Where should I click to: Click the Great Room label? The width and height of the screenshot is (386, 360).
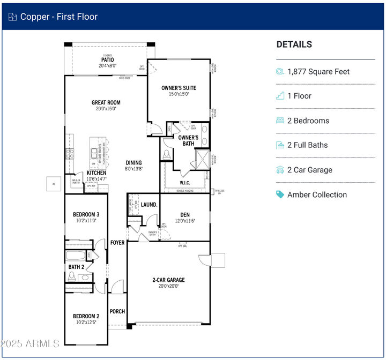tap(106, 102)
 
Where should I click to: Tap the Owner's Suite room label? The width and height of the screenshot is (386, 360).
tap(179, 88)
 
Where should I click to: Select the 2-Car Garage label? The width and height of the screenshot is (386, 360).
tap(168, 280)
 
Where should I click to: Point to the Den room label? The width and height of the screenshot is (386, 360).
tap(184, 215)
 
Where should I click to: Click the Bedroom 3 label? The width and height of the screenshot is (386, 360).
tap(86, 215)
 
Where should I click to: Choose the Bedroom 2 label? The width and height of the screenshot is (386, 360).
tap(86, 316)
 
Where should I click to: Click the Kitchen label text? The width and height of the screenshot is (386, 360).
tap(96, 174)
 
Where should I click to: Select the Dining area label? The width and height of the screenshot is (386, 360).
tap(133, 163)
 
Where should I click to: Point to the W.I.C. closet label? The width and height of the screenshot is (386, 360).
tap(184, 183)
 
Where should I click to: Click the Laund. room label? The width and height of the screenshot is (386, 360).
tap(149, 205)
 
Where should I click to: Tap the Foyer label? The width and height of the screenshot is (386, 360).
tap(117, 243)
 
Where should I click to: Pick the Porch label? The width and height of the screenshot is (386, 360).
tap(117, 311)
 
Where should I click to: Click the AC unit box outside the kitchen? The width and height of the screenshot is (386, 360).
tap(53, 183)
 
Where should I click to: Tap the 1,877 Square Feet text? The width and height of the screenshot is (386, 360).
tap(318, 71)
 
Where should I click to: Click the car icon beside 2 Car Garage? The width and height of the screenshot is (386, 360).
tap(280, 170)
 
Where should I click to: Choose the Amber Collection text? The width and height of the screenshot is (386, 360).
tap(317, 194)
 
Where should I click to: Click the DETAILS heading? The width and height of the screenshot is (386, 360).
tap(294, 44)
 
